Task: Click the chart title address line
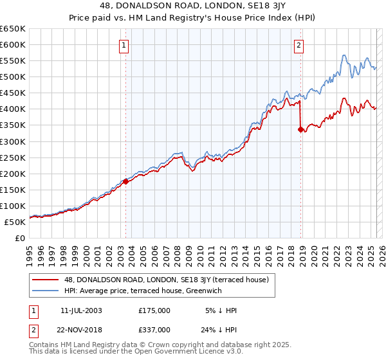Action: click(193, 6)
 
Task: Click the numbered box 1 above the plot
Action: click(123, 45)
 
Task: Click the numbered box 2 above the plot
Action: click(300, 45)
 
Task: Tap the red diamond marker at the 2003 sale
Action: click(126, 181)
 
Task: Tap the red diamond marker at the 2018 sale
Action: click(300, 129)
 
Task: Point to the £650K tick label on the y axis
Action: click(13, 29)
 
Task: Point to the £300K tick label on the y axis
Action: click(13, 141)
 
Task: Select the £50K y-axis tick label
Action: click(15, 222)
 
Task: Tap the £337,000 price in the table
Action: click(154, 329)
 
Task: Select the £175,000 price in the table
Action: click(154, 310)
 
